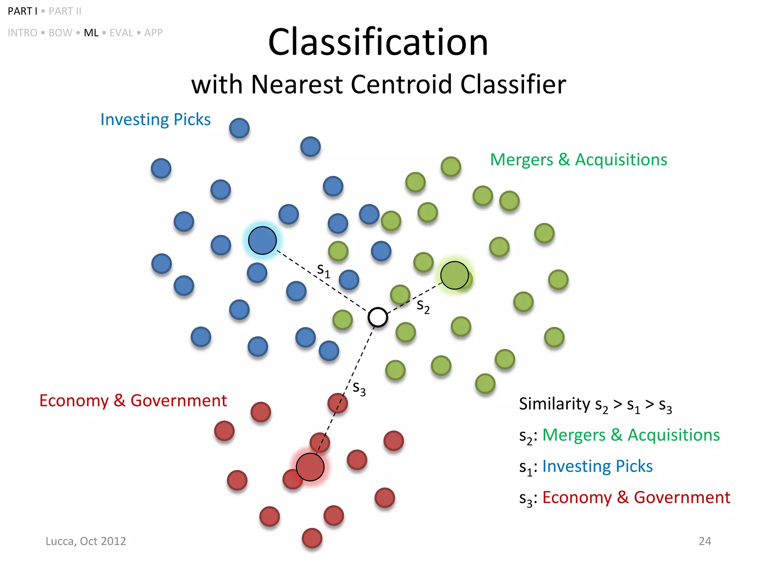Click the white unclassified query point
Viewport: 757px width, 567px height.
377,317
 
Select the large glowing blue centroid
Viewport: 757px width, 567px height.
262,240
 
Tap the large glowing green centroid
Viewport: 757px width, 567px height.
455,275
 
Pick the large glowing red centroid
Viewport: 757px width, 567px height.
310,467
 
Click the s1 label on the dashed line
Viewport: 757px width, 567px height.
323,270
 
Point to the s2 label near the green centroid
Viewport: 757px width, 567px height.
423,306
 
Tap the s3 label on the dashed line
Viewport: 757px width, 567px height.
359,388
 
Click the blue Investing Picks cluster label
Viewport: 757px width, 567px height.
155,120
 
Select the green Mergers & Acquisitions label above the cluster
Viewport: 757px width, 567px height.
578,160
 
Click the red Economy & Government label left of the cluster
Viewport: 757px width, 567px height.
133,401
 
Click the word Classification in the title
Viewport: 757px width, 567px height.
378,42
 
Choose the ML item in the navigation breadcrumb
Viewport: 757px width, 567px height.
91,33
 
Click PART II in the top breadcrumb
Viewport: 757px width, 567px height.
65,11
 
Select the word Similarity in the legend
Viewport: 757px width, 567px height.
554,404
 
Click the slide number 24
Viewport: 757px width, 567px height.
705,541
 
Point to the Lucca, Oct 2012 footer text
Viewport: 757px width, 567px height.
86,541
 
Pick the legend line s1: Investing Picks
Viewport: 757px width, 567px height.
586,467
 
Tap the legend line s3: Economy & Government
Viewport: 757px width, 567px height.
625,498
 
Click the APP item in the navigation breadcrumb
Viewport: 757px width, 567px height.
153,33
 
